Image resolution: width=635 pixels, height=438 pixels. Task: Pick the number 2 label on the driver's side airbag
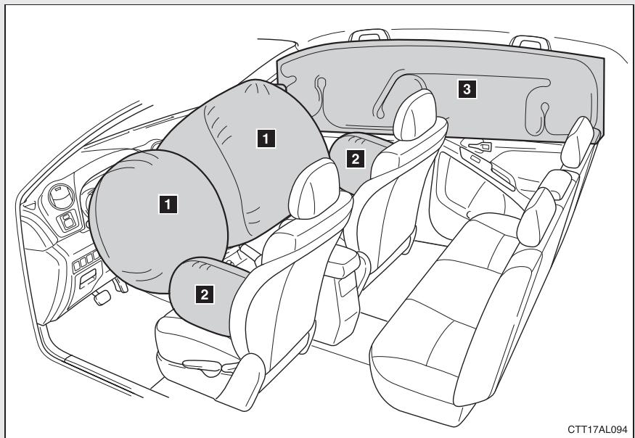(206, 293)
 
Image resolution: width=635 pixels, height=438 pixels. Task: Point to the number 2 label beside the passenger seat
(355, 160)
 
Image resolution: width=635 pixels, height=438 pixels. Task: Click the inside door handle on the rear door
(479, 147)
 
